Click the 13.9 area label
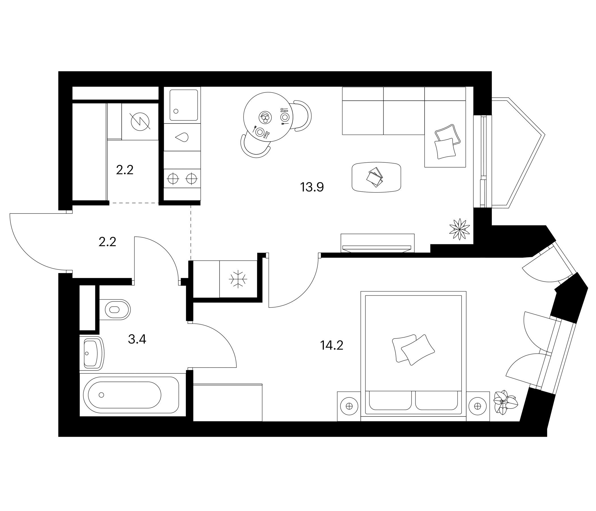coord(312,187)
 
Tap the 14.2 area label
coord(332,345)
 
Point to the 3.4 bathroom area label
coord(137,339)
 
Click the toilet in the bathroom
coord(115,310)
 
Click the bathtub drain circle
coord(101,395)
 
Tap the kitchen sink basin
coord(184,105)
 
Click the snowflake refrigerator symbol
coord(238,279)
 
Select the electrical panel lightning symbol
coord(140,122)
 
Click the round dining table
coord(268,117)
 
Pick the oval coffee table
coord(376,177)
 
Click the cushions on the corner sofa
coord(447,142)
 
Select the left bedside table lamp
coord(349,406)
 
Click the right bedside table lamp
coord(477,406)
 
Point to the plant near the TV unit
coord(460,229)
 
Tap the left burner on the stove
coord(173,179)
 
